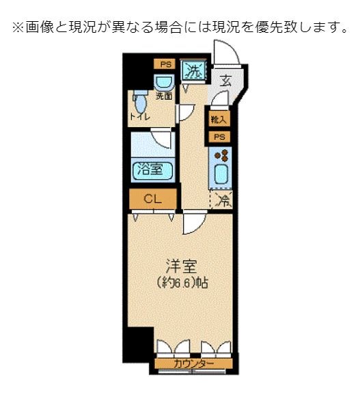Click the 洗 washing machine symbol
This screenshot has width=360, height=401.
click(x=193, y=69)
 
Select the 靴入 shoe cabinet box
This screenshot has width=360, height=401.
click(x=219, y=120)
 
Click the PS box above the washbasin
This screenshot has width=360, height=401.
click(x=165, y=64)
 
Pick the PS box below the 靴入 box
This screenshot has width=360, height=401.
click(x=219, y=137)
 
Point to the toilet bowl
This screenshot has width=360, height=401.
click(x=140, y=105)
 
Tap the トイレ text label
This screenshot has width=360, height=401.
click(x=140, y=117)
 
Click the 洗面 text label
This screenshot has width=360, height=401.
click(x=163, y=97)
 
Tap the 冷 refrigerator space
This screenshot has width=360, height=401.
click(x=221, y=200)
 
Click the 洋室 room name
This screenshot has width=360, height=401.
click(x=180, y=265)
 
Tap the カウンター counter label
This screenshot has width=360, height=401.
click(x=193, y=363)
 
